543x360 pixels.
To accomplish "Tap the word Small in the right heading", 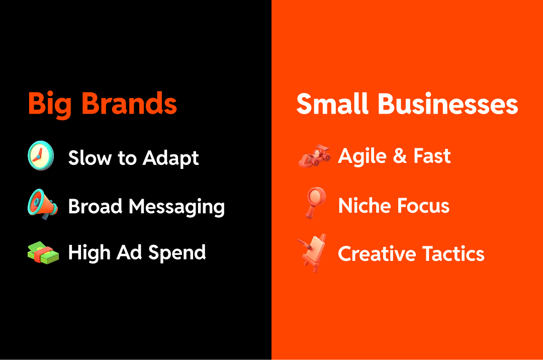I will (332, 104).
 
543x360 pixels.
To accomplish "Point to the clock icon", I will (41, 156).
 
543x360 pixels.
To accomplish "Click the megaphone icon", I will (41, 205).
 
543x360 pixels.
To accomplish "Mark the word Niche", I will (364, 205).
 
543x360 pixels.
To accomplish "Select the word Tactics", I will (454, 254).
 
